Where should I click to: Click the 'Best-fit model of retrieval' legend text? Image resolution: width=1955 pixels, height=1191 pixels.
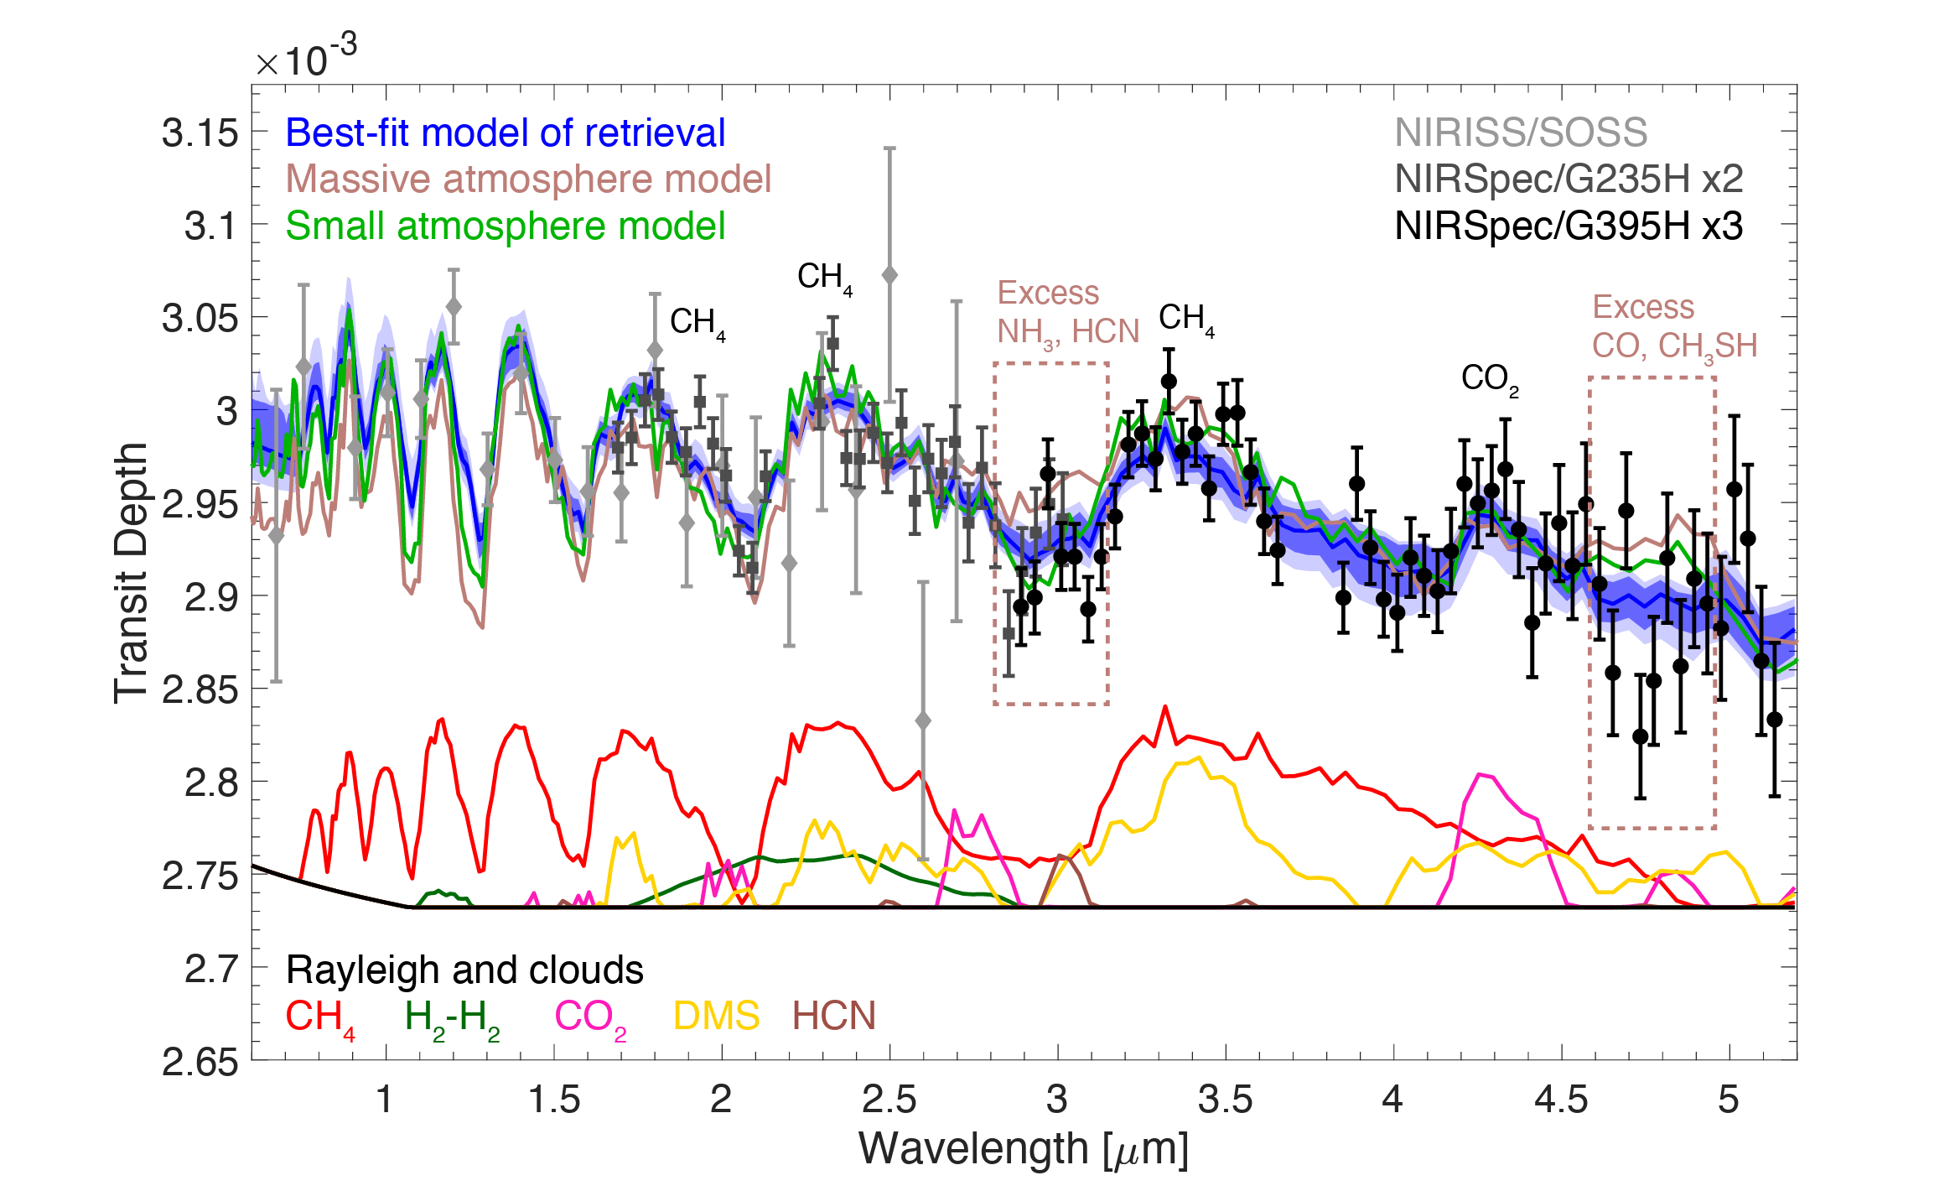tap(505, 133)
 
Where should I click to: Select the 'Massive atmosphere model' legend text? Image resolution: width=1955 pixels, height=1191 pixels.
tap(528, 179)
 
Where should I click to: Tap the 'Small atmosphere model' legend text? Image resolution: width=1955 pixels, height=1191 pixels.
tap(505, 226)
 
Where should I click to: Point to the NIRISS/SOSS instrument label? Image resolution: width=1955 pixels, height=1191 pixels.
tap(1521, 133)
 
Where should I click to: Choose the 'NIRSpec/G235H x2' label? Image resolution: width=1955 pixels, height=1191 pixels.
tap(1569, 179)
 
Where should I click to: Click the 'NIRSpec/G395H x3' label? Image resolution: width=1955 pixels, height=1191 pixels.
tap(1569, 226)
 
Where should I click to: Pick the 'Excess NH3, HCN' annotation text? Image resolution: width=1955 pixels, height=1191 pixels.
tap(1067, 313)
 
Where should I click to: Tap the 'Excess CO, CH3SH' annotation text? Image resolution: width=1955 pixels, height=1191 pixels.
tap(1674, 327)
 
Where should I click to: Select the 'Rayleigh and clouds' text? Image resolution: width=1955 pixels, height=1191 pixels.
tap(464, 970)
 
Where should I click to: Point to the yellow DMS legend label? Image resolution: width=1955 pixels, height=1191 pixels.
tap(716, 1017)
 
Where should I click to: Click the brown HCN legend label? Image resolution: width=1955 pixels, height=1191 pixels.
tap(833, 1017)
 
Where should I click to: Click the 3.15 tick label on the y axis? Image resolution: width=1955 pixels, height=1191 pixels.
tap(200, 133)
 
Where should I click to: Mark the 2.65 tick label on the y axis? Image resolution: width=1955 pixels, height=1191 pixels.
tap(200, 1063)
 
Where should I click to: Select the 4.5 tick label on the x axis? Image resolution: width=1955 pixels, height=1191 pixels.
tap(1560, 1100)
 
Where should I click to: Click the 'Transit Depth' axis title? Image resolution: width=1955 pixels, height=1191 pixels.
tap(132, 573)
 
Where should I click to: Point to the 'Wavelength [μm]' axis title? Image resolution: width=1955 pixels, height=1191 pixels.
tap(1024, 1149)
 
